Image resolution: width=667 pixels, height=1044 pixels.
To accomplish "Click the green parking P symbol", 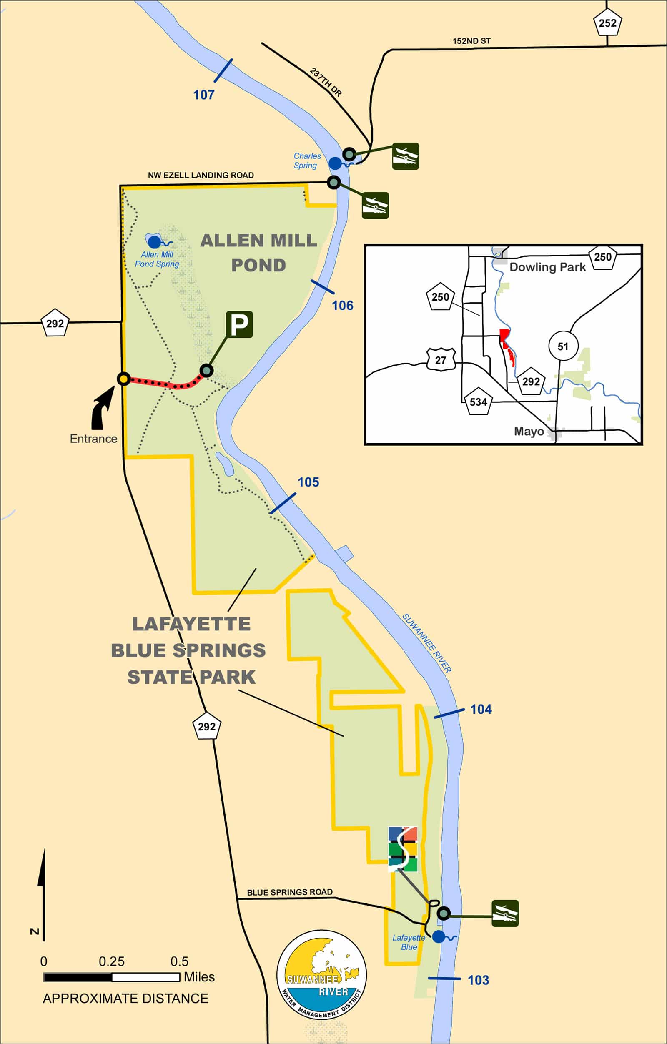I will coord(239,325).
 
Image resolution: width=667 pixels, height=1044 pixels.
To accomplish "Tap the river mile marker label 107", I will coord(204,95).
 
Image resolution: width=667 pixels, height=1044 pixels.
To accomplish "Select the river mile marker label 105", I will coord(308,482).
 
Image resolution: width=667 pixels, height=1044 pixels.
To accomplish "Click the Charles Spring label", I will coord(307,161).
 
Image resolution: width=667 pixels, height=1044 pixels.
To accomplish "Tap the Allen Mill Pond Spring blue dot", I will coord(154,242).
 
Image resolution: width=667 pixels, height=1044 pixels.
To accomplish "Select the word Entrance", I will coord(94,439).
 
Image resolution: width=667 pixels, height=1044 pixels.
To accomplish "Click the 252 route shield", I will coord(607,23).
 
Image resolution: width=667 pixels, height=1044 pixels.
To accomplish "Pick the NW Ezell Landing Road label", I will coord(201,175).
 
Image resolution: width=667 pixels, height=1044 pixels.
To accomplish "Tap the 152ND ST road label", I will coord(471,41).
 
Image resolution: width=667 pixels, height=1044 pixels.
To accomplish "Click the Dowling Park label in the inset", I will coord(547,267).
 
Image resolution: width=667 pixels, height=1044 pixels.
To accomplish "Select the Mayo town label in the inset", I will coord(529,432).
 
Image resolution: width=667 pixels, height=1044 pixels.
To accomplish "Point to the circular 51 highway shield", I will coord(562,346).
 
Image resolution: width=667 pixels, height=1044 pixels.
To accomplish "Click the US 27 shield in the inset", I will coord(440,360).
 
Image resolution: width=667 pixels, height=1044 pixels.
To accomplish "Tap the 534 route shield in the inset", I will coord(479,402).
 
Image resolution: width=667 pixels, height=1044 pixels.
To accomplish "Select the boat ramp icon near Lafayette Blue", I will coord(505,913).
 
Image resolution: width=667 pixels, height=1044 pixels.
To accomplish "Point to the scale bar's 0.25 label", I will coord(111,961).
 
